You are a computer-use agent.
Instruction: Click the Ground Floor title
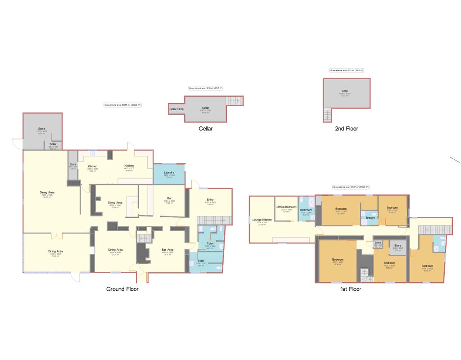[x=122, y=289]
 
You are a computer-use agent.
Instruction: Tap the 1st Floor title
[x=350, y=289]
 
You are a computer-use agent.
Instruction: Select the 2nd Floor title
[x=346, y=129]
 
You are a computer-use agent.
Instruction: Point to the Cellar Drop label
[x=176, y=109]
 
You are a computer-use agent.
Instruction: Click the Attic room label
[x=344, y=91]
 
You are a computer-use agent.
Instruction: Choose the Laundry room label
[x=169, y=172]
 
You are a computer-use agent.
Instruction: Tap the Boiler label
[x=53, y=144]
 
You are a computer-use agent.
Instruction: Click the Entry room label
[x=210, y=200]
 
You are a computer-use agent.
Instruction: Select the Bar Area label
[x=167, y=250]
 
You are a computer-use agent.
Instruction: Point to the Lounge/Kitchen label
[x=261, y=220]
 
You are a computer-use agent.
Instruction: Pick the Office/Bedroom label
[x=286, y=207]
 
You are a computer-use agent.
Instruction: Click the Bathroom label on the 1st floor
[x=306, y=210]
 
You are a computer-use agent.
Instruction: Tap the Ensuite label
[x=370, y=218]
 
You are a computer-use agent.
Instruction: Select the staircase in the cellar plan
[x=233, y=101]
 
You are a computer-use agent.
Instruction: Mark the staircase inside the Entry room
[x=214, y=220]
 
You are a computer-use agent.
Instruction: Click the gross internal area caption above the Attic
[x=346, y=71]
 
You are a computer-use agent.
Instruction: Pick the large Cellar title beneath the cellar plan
[x=205, y=129]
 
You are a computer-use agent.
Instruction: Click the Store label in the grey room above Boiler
[x=41, y=129]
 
